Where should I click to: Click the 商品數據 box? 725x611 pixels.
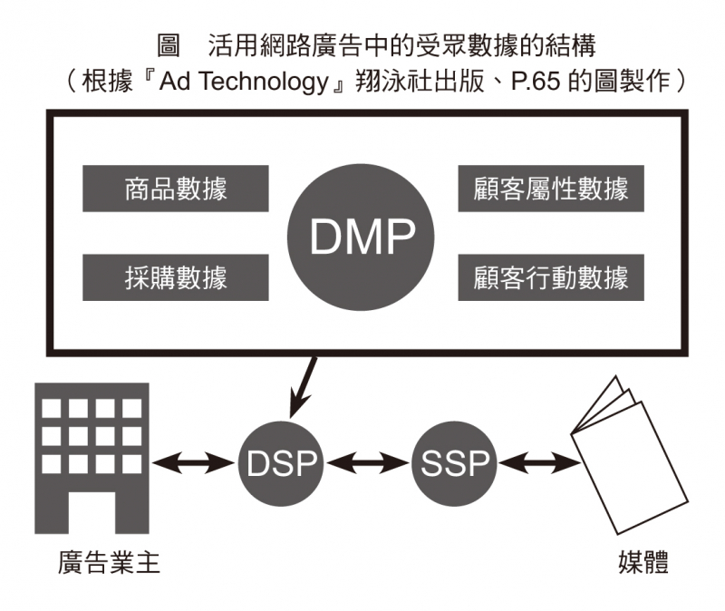tap(176, 189)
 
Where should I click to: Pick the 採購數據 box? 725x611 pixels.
tap(176, 277)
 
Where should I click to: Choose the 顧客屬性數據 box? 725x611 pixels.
tap(550, 189)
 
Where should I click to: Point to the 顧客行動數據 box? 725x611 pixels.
tap(550, 277)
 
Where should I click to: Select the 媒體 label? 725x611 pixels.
tap(638, 563)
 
